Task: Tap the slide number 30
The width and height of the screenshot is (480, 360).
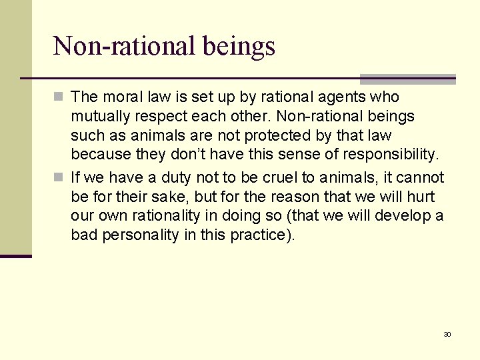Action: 447,334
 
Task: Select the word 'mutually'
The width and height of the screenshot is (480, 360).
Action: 98,116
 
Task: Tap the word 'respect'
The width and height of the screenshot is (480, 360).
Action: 156,116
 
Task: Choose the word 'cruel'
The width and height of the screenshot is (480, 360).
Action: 261,177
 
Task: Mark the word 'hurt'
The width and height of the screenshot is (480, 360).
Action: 421,197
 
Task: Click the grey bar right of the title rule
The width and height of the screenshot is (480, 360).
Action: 407,78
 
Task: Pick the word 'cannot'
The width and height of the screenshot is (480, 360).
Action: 420,177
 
